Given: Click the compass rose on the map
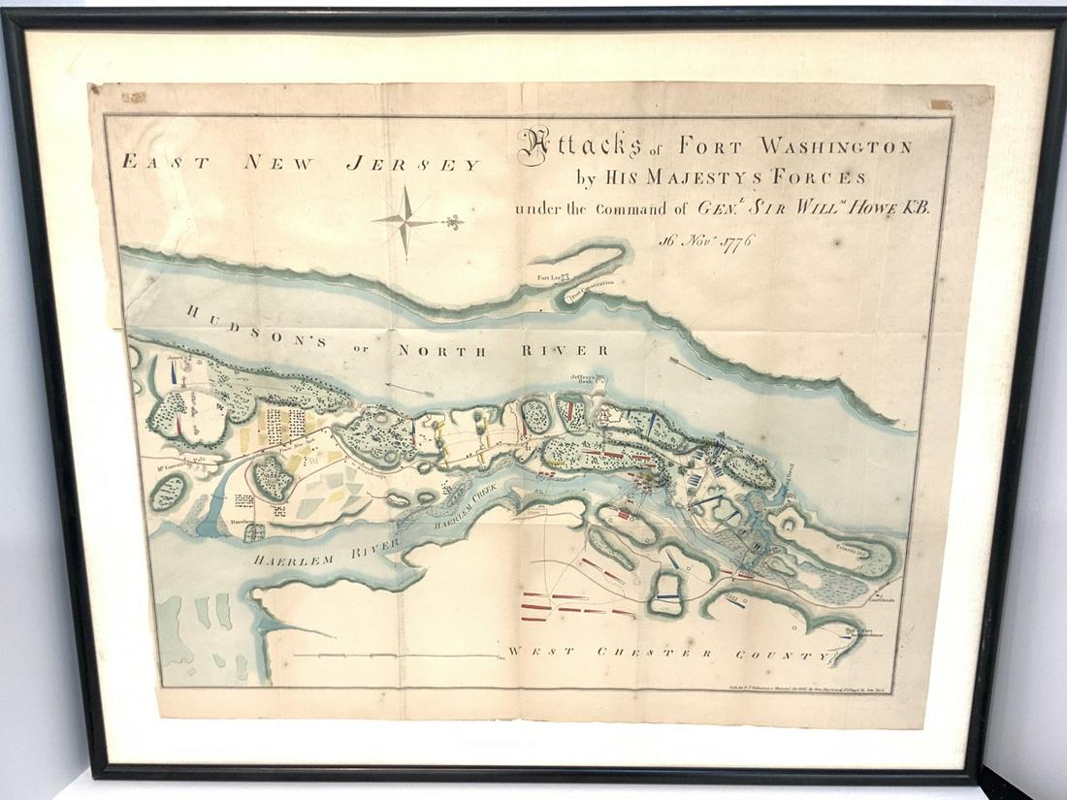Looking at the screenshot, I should tap(408, 220).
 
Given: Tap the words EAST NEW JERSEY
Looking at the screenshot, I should tap(301, 164).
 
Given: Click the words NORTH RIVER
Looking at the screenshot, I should tap(503, 350).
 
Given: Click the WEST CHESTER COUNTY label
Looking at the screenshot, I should tap(669, 654).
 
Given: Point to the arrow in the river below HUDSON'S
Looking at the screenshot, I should tap(406, 388).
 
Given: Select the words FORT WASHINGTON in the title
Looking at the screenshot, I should tap(794, 147).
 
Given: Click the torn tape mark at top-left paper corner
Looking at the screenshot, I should tap(133, 97).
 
